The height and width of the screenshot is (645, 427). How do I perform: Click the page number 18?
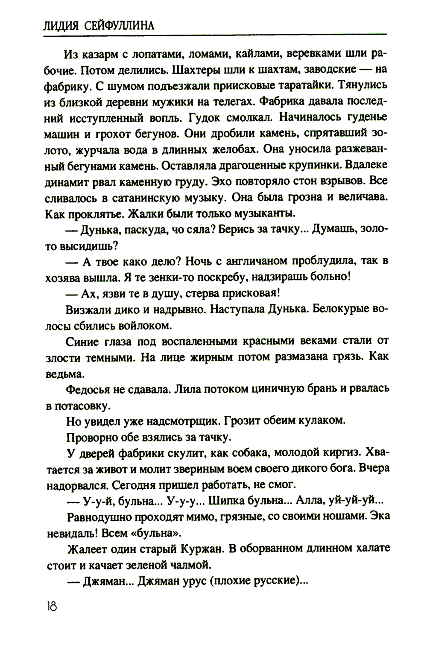click(x=50, y=606)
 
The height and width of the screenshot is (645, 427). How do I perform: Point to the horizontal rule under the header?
click(x=213, y=35)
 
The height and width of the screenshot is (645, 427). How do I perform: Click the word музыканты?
click(x=264, y=212)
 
